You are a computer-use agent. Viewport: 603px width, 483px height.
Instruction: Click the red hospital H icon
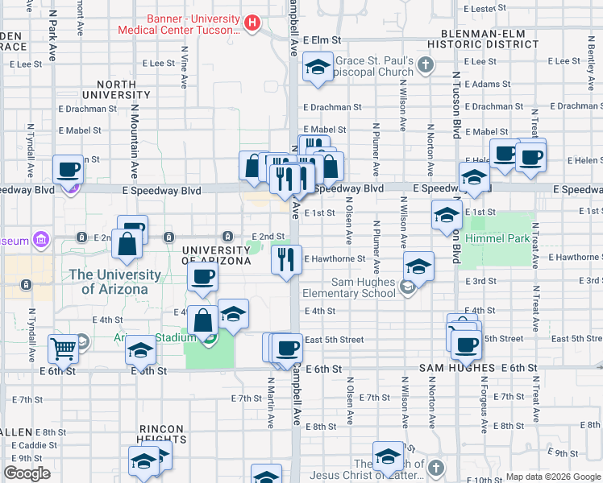coord(252,23)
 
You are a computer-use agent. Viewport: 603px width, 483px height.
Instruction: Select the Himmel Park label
coord(501,238)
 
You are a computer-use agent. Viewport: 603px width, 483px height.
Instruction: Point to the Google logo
coord(27,473)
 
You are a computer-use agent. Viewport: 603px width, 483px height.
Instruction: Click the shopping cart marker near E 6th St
coord(64,349)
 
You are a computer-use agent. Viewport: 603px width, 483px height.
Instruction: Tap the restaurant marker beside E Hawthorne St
coord(285,260)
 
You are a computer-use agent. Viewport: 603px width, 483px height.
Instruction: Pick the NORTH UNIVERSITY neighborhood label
coord(123,89)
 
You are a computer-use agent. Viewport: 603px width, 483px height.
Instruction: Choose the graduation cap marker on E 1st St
coord(446,215)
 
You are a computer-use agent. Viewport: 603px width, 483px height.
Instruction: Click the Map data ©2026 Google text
coord(552,477)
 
